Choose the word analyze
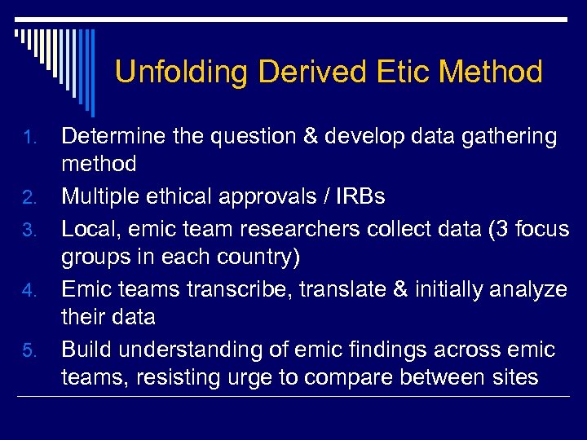pyautogui.click(x=526, y=290)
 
